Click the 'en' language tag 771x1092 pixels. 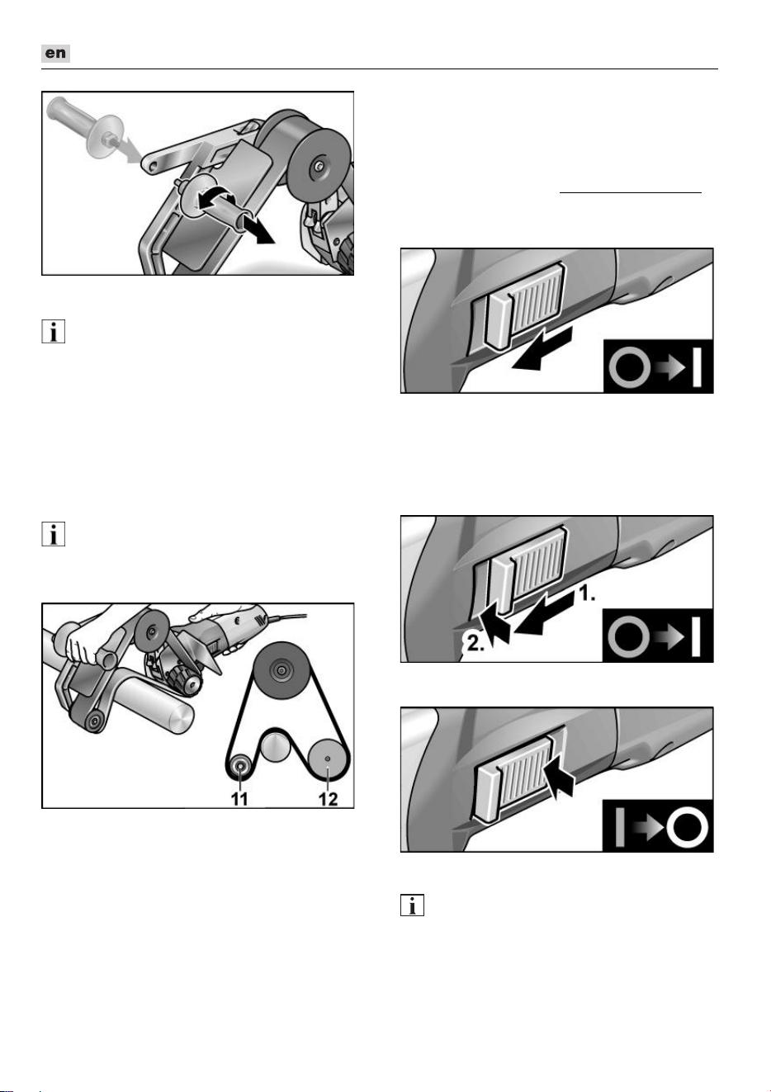[55, 53]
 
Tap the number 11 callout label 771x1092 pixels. [239, 799]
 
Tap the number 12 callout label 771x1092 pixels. [328, 799]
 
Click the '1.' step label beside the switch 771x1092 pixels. [587, 593]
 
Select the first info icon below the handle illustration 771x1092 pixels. [53, 332]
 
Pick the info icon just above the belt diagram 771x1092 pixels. [53, 534]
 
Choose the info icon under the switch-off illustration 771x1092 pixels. [412, 905]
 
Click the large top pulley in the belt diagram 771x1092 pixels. [281, 671]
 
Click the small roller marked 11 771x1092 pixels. [240, 766]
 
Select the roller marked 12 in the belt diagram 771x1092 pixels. [327, 759]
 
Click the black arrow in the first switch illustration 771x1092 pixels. [542, 350]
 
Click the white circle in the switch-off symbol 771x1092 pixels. [687, 827]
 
